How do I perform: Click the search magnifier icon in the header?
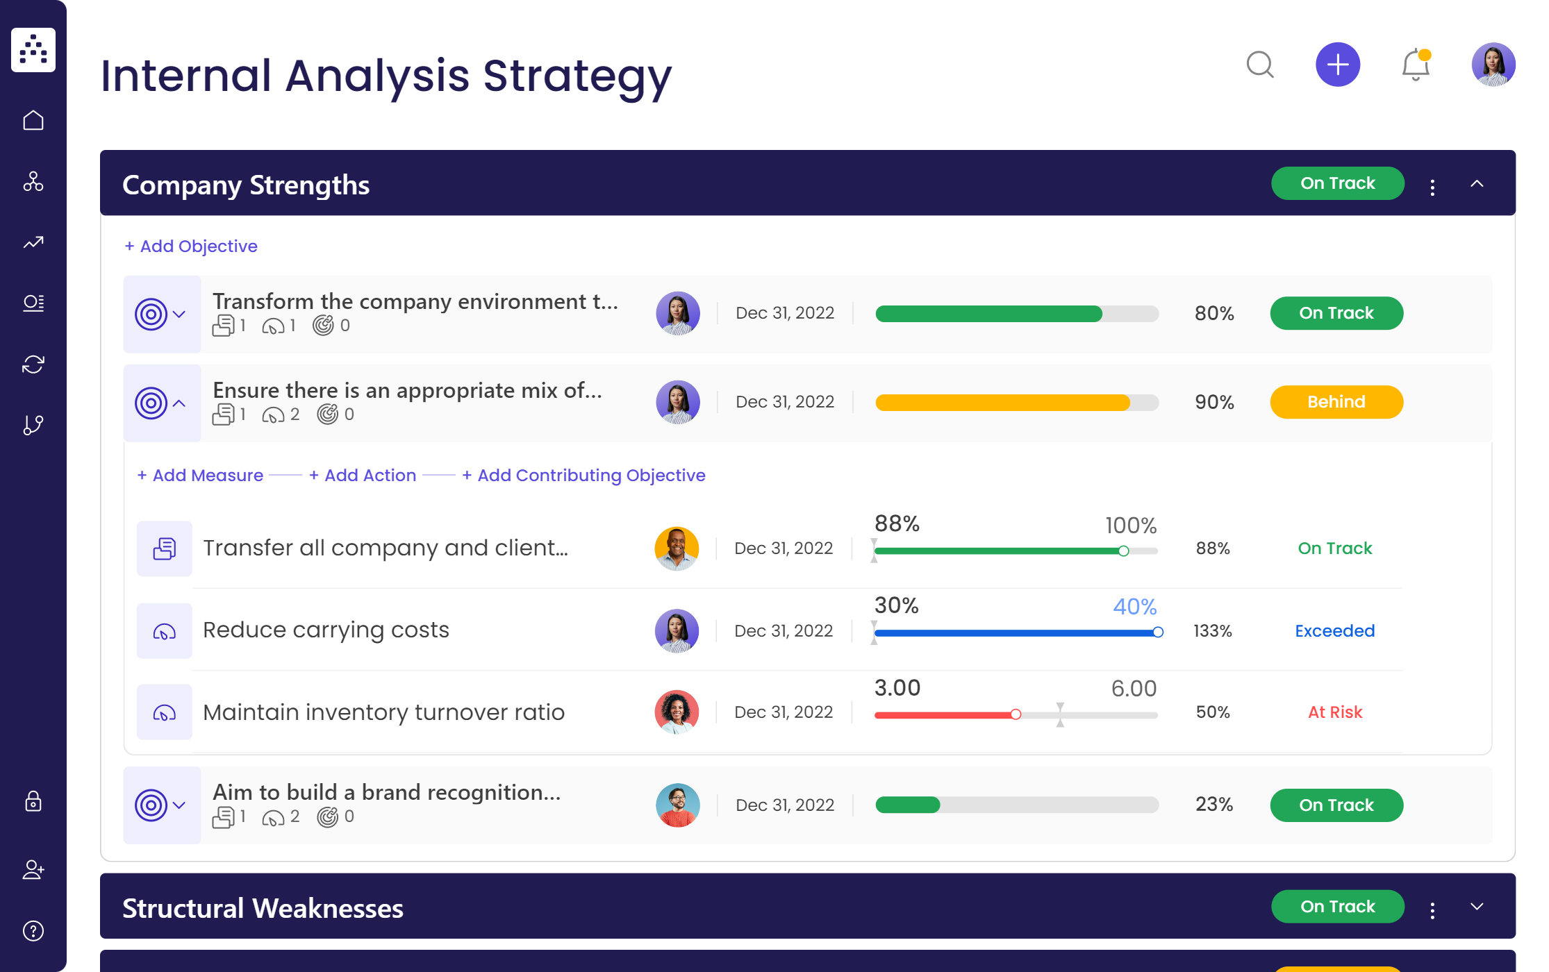click(x=1259, y=65)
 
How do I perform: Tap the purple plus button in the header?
click(x=1337, y=65)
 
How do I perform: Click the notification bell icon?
click(x=1415, y=65)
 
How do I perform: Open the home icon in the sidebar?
click(x=33, y=121)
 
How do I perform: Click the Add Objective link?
click(x=191, y=246)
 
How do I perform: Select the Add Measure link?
click(x=201, y=476)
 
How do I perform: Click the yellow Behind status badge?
click(x=1336, y=402)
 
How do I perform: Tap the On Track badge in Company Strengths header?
click(x=1337, y=183)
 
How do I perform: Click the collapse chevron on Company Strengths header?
click(x=1477, y=184)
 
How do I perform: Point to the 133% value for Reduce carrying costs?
click(x=1212, y=631)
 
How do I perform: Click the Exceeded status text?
click(x=1334, y=631)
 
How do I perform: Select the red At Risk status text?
click(x=1334, y=712)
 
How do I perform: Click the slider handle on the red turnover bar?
click(x=1016, y=714)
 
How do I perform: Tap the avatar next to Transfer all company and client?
click(x=676, y=548)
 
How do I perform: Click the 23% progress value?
click(x=1213, y=805)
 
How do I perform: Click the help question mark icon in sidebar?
click(x=33, y=931)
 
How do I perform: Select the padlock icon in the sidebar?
click(x=33, y=802)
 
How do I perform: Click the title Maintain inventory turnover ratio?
click(x=383, y=712)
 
